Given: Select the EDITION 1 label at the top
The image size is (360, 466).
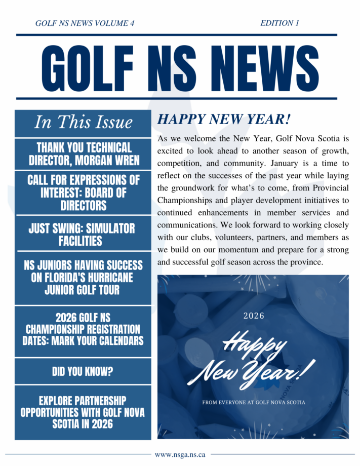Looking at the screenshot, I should (x=279, y=23).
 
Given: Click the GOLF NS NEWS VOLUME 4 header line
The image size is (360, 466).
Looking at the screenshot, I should (x=85, y=23).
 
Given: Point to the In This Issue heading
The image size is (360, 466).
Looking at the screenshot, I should (x=83, y=123).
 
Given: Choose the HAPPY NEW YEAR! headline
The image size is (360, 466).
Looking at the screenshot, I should (x=224, y=120).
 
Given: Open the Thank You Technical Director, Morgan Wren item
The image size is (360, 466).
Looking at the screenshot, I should (x=84, y=154).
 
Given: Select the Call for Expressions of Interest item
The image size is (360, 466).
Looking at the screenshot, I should (x=83, y=192).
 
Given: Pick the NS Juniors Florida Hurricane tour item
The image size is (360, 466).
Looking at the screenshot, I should (x=83, y=277).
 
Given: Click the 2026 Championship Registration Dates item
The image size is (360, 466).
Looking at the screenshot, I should (x=83, y=329).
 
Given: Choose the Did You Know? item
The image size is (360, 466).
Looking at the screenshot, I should (x=83, y=372).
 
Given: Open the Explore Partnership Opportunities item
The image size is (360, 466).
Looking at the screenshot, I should (x=83, y=413).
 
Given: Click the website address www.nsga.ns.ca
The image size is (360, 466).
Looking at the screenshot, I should (x=180, y=454).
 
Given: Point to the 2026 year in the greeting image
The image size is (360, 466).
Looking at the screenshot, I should (x=254, y=316).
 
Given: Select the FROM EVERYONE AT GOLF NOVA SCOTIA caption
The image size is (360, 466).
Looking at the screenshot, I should (x=254, y=403).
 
